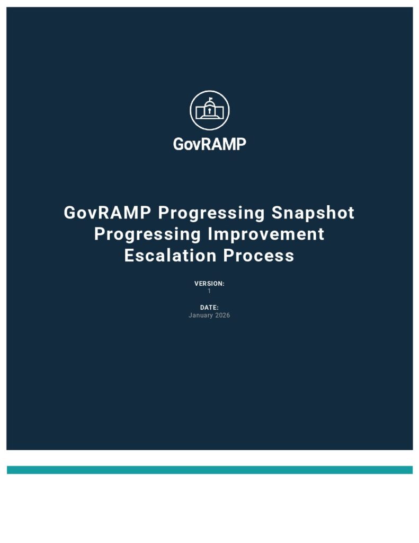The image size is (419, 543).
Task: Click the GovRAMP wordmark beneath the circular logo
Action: (x=209, y=144)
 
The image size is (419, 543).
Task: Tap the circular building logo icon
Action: (x=209, y=110)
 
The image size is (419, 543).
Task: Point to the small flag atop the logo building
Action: (x=211, y=99)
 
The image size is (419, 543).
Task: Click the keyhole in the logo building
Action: (x=209, y=111)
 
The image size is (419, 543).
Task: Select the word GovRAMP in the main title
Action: (x=107, y=212)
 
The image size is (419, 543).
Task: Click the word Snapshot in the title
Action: (x=313, y=213)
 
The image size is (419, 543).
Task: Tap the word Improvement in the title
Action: (x=266, y=234)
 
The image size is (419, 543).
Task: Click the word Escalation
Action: (x=170, y=256)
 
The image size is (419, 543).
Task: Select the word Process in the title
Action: (x=259, y=256)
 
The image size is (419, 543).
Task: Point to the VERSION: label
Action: (x=209, y=284)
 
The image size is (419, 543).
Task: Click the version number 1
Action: (x=209, y=291)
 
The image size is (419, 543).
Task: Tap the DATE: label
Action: (x=209, y=308)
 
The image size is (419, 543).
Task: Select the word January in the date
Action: (x=201, y=316)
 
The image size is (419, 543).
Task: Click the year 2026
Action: (x=222, y=315)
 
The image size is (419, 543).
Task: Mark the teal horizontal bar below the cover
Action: (x=210, y=470)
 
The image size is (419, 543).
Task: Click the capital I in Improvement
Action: (x=210, y=234)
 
